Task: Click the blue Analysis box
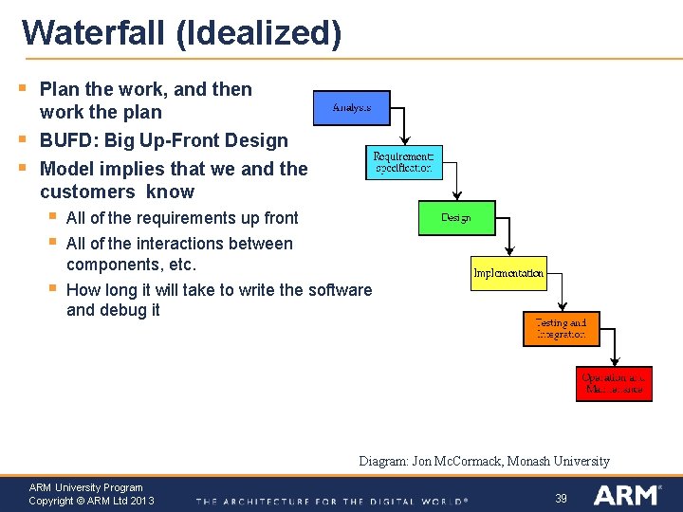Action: (x=351, y=108)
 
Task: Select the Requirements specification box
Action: (x=403, y=162)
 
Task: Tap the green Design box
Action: (x=456, y=218)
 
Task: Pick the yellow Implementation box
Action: (x=509, y=273)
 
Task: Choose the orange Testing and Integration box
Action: (x=562, y=329)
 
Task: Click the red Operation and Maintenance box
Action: (x=614, y=384)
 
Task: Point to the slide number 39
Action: (x=561, y=498)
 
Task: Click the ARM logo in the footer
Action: (x=628, y=495)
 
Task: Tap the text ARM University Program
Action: (x=85, y=487)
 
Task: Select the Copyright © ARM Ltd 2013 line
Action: (x=91, y=501)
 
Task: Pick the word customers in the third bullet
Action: (x=84, y=192)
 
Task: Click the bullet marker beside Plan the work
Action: (x=23, y=89)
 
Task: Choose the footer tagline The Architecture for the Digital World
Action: (x=332, y=501)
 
